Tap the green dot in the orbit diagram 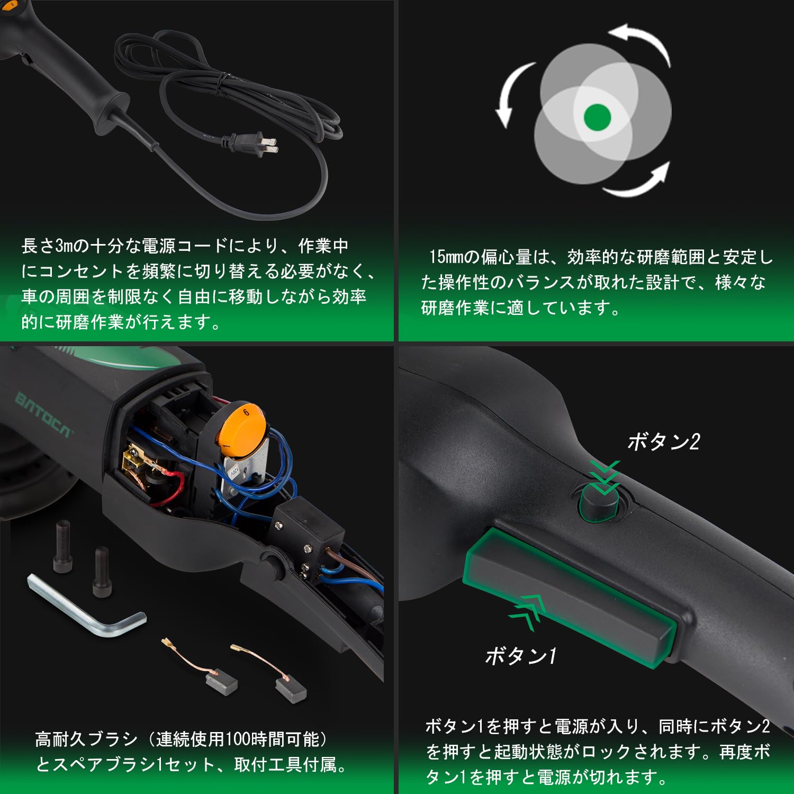tap(597, 116)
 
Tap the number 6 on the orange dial tap(246, 412)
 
